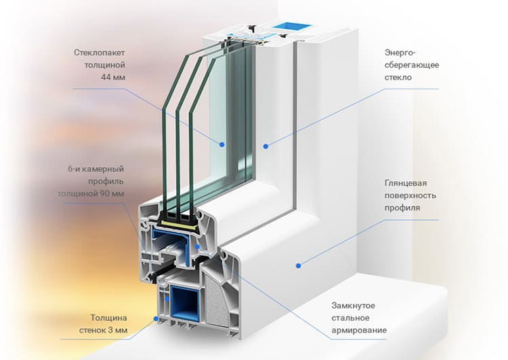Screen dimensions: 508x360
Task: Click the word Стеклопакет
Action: (x=99, y=53)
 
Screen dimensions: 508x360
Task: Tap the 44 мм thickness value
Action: (x=112, y=77)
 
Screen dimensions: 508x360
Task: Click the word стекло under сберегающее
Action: (x=398, y=77)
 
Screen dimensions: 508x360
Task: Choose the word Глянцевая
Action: (x=406, y=183)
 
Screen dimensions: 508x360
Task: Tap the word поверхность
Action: (x=410, y=196)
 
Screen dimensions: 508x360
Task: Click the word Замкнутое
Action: (x=353, y=306)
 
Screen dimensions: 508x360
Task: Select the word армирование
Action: (x=359, y=330)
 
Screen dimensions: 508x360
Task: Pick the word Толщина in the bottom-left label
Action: (x=108, y=318)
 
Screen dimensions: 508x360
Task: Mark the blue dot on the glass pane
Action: (x=222, y=145)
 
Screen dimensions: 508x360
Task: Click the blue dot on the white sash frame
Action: (x=266, y=146)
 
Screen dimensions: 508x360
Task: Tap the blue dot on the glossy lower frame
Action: (x=299, y=266)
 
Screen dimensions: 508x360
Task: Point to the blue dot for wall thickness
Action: (x=156, y=319)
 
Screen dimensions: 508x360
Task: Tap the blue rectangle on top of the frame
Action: (x=292, y=26)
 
